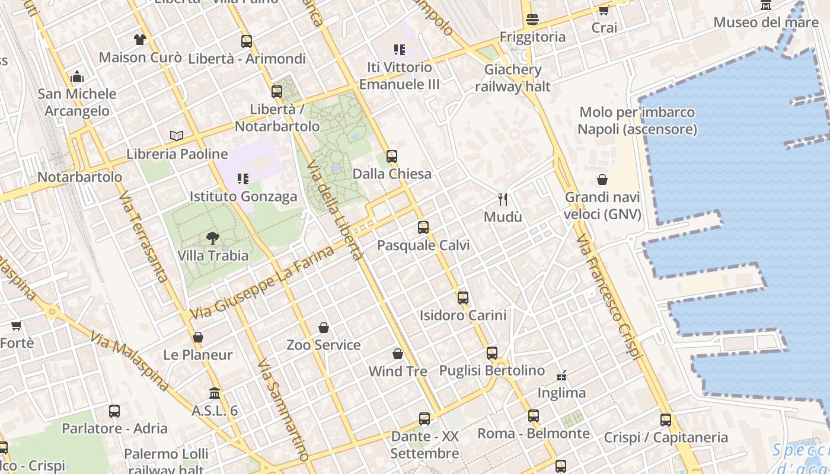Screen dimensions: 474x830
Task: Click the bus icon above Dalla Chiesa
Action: tap(391, 156)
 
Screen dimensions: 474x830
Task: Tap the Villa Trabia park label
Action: tap(213, 256)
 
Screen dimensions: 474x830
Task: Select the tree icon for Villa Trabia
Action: tap(212, 238)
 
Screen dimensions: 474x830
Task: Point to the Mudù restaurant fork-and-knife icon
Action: tap(503, 199)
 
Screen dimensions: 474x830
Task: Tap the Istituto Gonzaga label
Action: tap(243, 197)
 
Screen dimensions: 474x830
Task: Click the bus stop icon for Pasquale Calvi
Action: tap(423, 227)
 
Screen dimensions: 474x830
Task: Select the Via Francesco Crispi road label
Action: tap(609, 297)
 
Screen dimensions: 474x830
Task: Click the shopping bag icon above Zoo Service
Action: tap(324, 327)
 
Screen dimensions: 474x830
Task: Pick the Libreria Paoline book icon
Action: tap(177, 136)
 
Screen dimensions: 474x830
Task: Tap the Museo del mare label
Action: tap(765, 23)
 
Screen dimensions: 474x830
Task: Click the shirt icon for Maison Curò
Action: tap(139, 40)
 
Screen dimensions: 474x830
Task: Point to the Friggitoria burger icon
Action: tap(532, 19)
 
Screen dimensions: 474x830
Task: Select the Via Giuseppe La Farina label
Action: tap(263, 283)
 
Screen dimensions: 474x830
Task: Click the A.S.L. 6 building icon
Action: tap(215, 393)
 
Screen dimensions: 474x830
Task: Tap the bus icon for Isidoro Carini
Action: tap(463, 297)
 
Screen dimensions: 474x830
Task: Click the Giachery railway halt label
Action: tap(513, 78)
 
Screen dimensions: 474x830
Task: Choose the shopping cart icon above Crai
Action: tap(604, 10)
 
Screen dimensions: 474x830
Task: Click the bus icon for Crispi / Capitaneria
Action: tap(666, 419)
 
